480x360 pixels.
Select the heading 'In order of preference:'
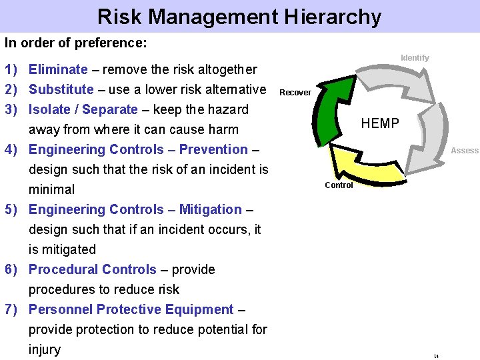75,43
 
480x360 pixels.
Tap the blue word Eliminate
58,69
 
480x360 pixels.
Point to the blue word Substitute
61,89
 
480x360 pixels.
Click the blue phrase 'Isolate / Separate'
83,109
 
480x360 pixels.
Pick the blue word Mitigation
211,209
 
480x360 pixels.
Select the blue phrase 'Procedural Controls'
93,269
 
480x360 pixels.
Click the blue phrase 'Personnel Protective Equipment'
131,309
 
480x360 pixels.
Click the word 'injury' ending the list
45,349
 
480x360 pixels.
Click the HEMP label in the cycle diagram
380,123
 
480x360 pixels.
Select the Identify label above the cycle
415,58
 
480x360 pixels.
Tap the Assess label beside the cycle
464,151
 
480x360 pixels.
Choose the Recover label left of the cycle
295,93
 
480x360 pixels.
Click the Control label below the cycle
339,185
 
